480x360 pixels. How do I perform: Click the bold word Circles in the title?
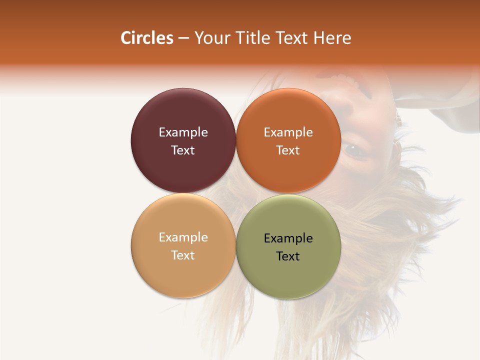click(x=146, y=38)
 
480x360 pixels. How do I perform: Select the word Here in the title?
click(x=332, y=38)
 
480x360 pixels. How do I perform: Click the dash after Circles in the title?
click(x=183, y=38)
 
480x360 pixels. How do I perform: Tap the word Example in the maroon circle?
click(x=183, y=132)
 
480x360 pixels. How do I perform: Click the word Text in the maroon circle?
click(x=183, y=150)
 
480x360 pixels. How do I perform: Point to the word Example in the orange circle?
click(x=288, y=132)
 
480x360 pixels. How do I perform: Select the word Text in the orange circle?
click(x=288, y=150)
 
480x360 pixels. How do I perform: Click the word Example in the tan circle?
click(x=183, y=237)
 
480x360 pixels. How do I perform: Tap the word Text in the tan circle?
click(x=183, y=255)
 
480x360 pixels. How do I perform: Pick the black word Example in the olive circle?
click(x=288, y=238)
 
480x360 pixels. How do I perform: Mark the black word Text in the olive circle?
click(x=288, y=256)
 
